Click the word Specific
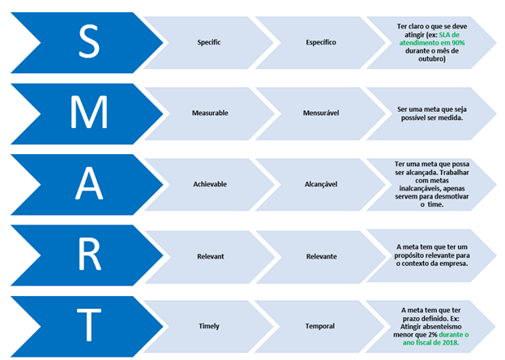coord(209,41)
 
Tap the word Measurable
coord(209,113)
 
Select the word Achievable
coord(209,184)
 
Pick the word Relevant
coord(209,255)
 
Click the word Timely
coord(209,326)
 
